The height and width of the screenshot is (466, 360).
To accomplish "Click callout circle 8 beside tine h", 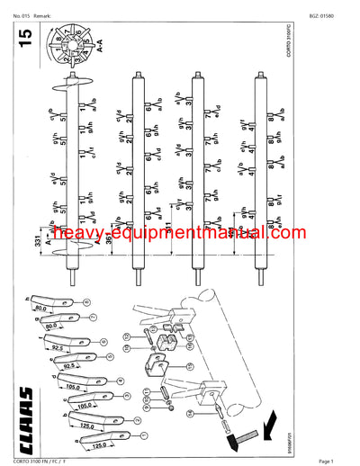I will tap(88, 302).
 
